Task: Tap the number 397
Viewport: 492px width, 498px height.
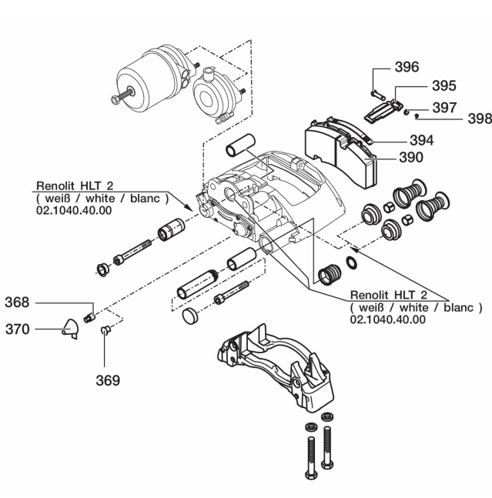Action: (443, 108)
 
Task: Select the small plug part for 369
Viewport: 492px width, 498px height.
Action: (107, 331)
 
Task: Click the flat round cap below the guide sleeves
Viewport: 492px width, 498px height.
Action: (189, 316)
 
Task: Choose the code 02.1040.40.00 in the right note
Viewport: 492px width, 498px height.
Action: (387, 319)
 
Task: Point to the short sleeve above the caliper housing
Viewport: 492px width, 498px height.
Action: (241, 147)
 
